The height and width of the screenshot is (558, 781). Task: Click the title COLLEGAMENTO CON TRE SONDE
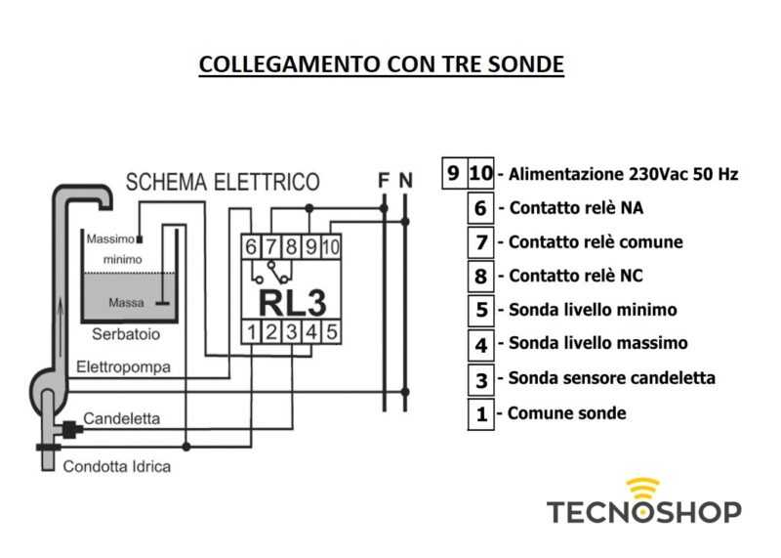(x=381, y=64)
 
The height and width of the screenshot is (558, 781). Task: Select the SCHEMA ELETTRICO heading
(x=222, y=182)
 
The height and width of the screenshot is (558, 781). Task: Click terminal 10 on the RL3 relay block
(x=330, y=247)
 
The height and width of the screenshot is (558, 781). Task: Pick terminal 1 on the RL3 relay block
(x=252, y=332)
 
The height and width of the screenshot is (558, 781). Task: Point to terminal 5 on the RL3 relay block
(x=331, y=332)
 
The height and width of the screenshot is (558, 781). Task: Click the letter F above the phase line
(x=384, y=180)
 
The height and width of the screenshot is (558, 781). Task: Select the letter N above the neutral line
(x=406, y=180)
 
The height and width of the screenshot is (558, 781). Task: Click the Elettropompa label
(x=123, y=367)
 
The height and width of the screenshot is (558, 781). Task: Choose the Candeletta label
(x=122, y=418)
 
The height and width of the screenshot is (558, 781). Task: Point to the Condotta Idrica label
(x=117, y=466)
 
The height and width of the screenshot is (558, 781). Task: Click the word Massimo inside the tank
(x=110, y=238)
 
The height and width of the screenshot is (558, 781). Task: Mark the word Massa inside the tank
(x=126, y=303)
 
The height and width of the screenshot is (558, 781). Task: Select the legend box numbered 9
(x=453, y=174)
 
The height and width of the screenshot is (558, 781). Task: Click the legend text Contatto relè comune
(x=596, y=241)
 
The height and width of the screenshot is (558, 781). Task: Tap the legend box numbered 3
(x=480, y=379)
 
